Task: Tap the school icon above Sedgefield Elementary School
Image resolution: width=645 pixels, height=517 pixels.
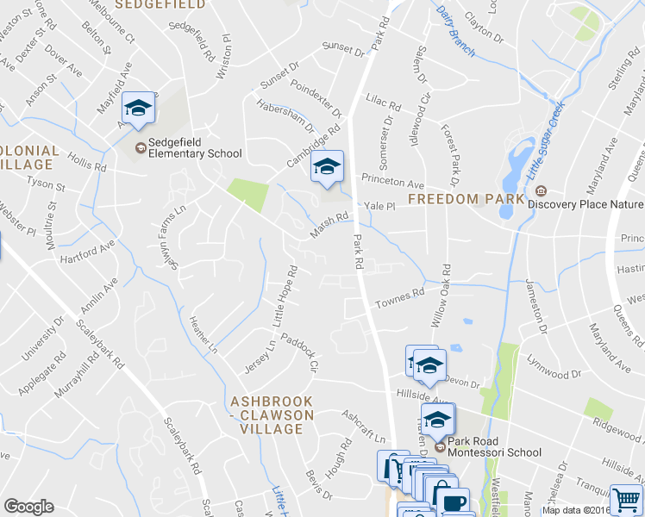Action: point(138,108)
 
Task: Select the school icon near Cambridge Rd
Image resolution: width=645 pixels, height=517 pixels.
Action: point(328,166)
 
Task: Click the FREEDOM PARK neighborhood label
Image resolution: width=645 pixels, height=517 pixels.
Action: point(467,199)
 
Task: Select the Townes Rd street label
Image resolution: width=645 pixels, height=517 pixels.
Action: point(400,299)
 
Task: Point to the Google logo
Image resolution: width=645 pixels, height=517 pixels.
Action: point(28,507)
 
